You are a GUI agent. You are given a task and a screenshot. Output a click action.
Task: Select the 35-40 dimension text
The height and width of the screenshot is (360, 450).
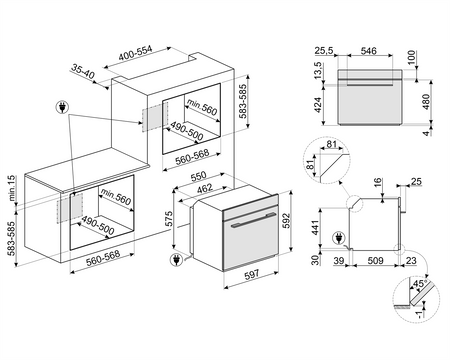(84, 72)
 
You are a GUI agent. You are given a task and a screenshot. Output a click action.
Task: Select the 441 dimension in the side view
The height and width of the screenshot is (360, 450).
(315, 230)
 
